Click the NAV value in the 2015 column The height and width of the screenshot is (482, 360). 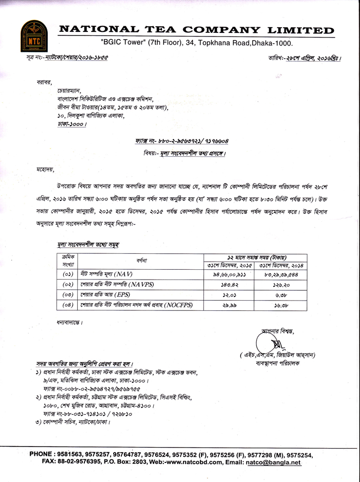[x=228, y=273]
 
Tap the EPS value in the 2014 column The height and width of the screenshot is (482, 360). [x=281, y=295]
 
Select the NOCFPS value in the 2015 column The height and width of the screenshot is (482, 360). [x=228, y=305]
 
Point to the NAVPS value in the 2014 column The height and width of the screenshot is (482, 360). [x=281, y=284]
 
